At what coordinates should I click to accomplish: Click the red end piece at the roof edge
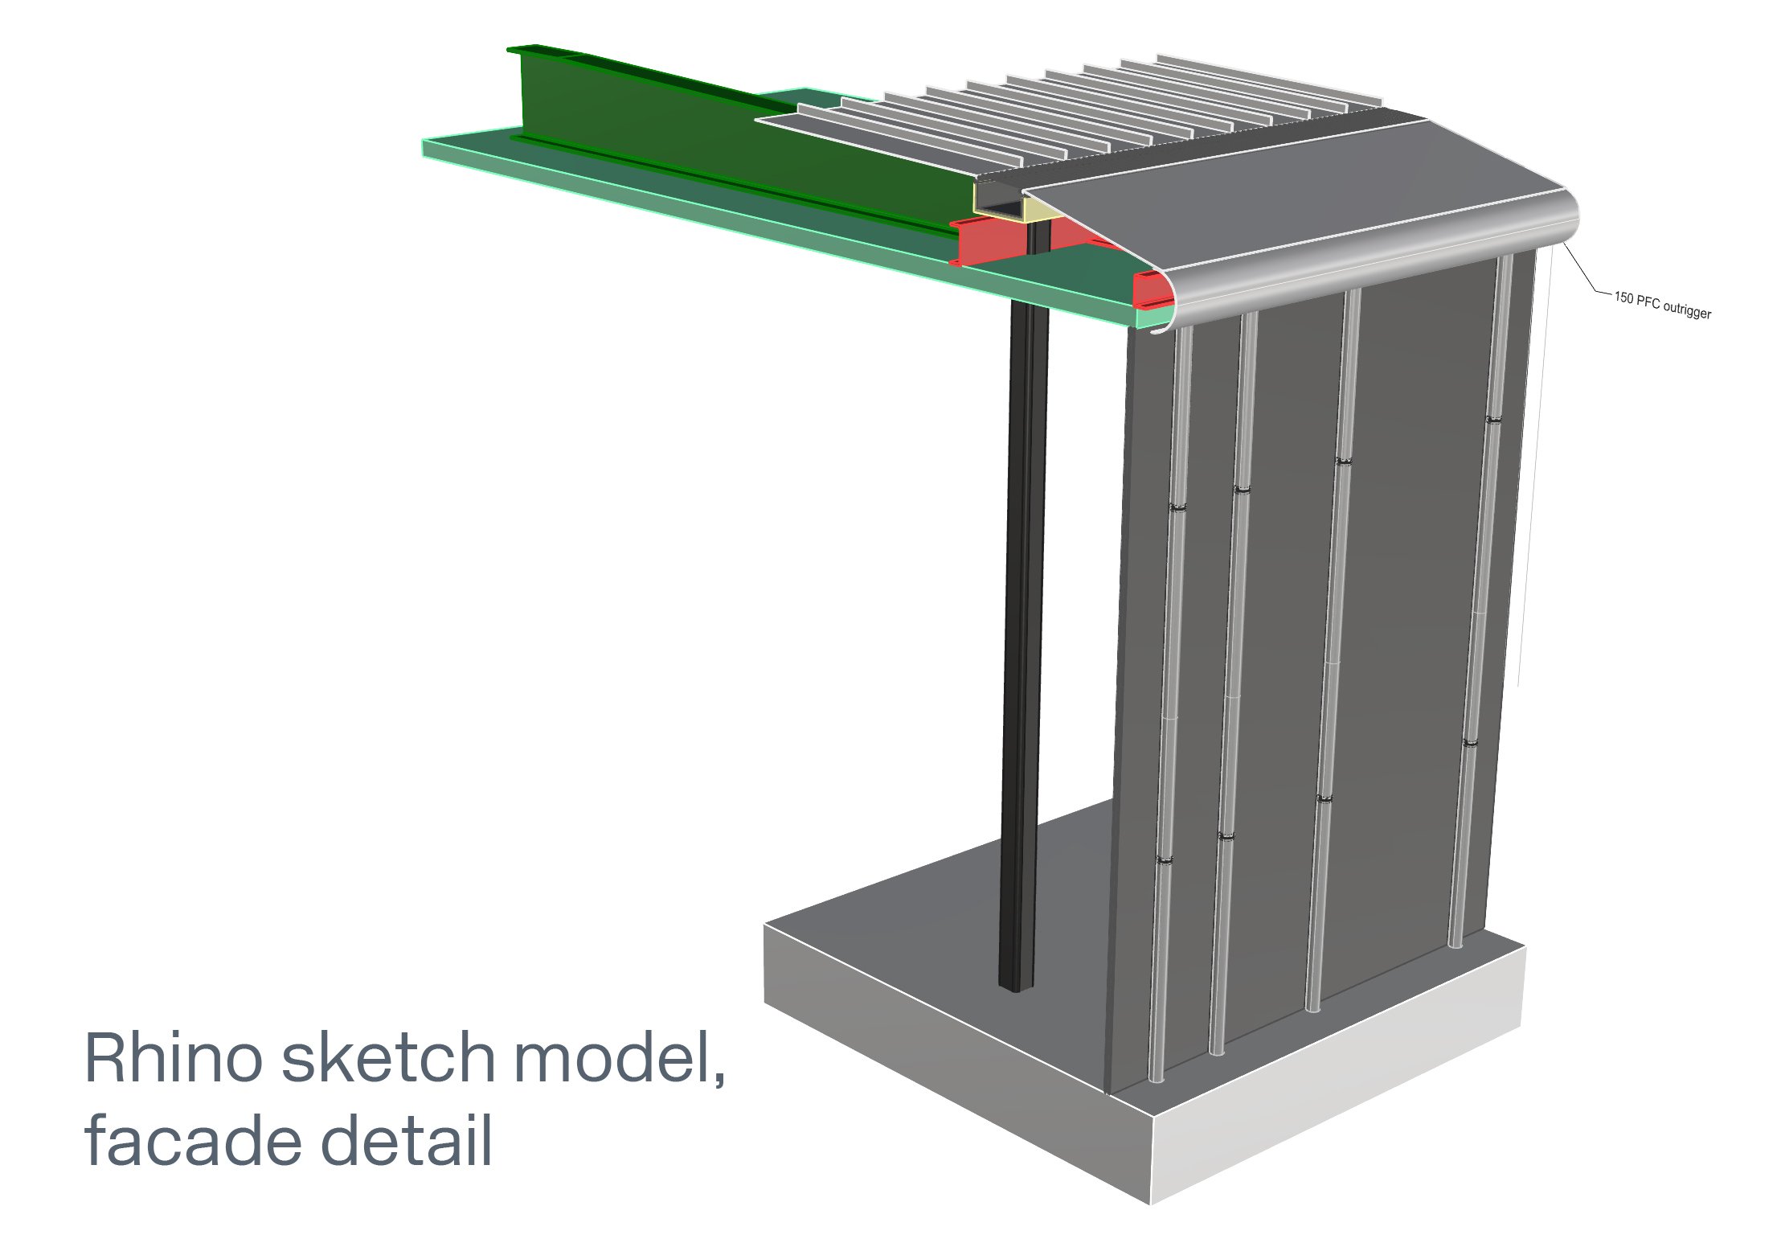pos(1151,289)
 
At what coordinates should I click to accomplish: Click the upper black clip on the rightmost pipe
pos(1492,420)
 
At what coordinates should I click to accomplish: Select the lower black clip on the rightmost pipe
pos(1470,744)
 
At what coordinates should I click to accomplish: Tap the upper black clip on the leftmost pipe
pos(1177,507)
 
